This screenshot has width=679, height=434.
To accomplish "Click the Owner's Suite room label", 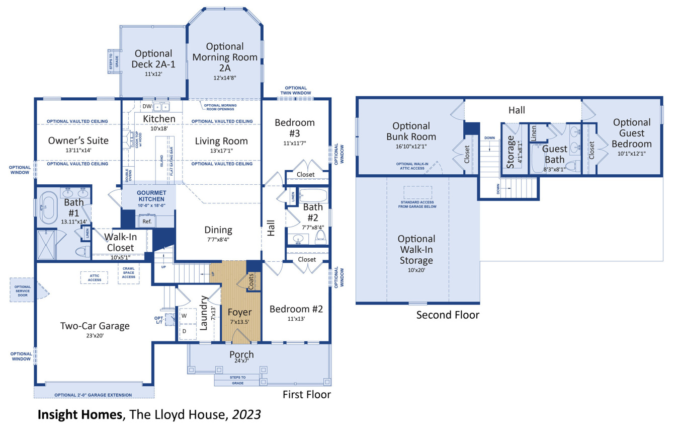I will (x=76, y=140).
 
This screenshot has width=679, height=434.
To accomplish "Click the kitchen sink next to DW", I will (x=162, y=107).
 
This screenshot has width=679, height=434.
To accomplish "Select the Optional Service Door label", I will (x=22, y=290).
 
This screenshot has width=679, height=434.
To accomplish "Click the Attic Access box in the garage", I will (x=94, y=277).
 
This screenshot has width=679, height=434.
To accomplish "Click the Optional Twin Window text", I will (x=295, y=91).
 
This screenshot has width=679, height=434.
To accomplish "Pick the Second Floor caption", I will (x=448, y=315).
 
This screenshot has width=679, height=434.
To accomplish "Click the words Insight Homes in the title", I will (x=80, y=415).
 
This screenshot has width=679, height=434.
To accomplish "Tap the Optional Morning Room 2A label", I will (x=225, y=57).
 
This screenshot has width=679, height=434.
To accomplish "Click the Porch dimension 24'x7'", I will (x=241, y=361).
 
